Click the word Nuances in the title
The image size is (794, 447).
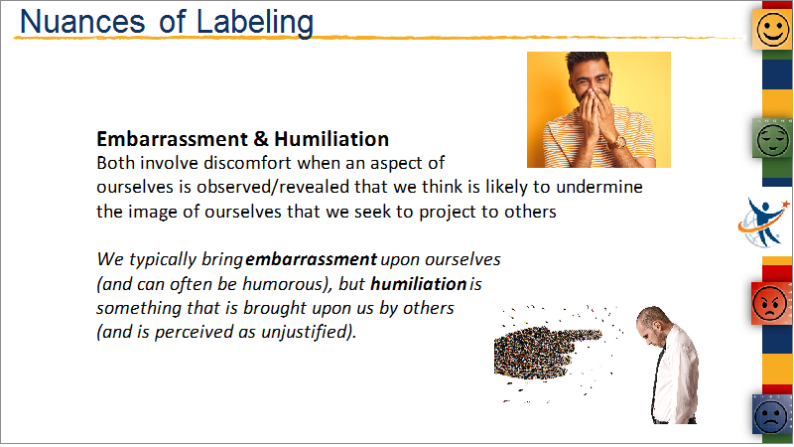[x=82, y=22]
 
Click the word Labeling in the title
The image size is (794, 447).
[x=255, y=23]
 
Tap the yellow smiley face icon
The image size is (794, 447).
[x=772, y=29]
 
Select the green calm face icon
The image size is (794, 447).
[x=772, y=138]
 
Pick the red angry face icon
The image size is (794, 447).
[x=771, y=303]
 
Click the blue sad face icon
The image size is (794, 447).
[x=771, y=414]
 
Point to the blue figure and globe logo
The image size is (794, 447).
[x=763, y=223]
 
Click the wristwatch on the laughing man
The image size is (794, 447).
[x=618, y=141]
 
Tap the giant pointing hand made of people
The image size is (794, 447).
[x=549, y=351]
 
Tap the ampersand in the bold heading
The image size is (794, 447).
[x=260, y=139]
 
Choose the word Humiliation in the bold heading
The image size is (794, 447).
[x=331, y=139]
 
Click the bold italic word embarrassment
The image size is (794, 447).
[x=311, y=259]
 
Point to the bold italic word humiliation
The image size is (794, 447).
[x=418, y=284]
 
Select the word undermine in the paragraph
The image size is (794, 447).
[x=599, y=187]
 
